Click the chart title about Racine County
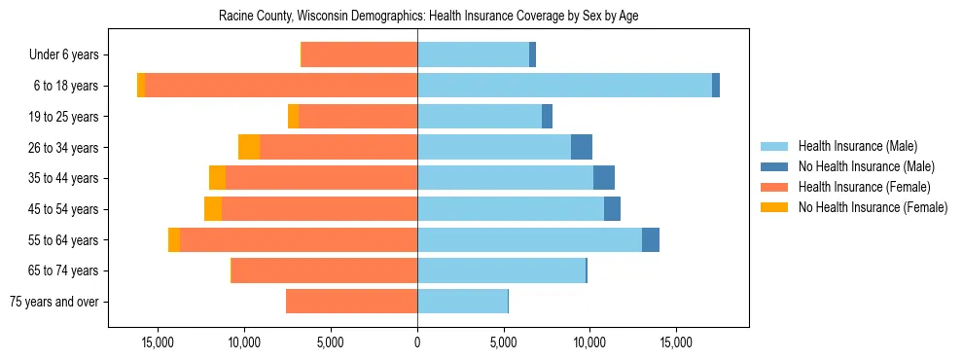(x=428, y=17)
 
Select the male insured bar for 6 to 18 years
(x=564, y=86)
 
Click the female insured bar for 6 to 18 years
(x=281, y=86)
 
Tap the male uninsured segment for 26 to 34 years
(x=582, y=147)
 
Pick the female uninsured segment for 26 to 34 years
(x=249, y=147)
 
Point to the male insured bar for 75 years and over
(x=462, y=302)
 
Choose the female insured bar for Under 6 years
(x=360, y=54)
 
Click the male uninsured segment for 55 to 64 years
(x=651, y=239)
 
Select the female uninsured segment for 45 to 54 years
(x=213, y=209)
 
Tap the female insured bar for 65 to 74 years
(x=324, y=270)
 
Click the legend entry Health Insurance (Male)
(x=857, y=146)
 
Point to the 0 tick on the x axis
(x=417, y=342)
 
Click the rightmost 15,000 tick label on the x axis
(x=676, y=342)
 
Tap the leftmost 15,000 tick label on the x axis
(x=158, y=342)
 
